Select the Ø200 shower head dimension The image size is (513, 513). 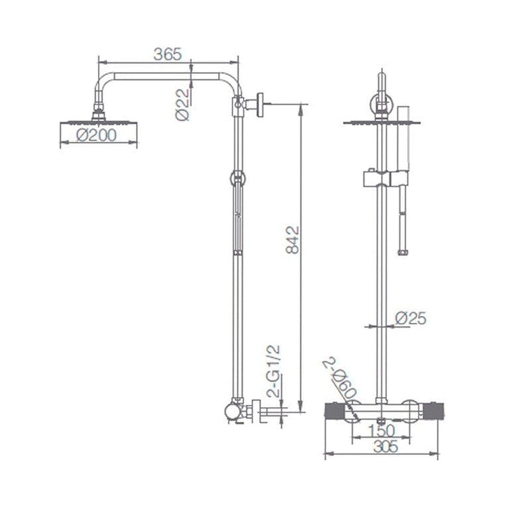tap(96, 136)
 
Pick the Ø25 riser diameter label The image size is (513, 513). tap(411, 318)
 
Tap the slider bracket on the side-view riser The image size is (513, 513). tap(237, 179)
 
